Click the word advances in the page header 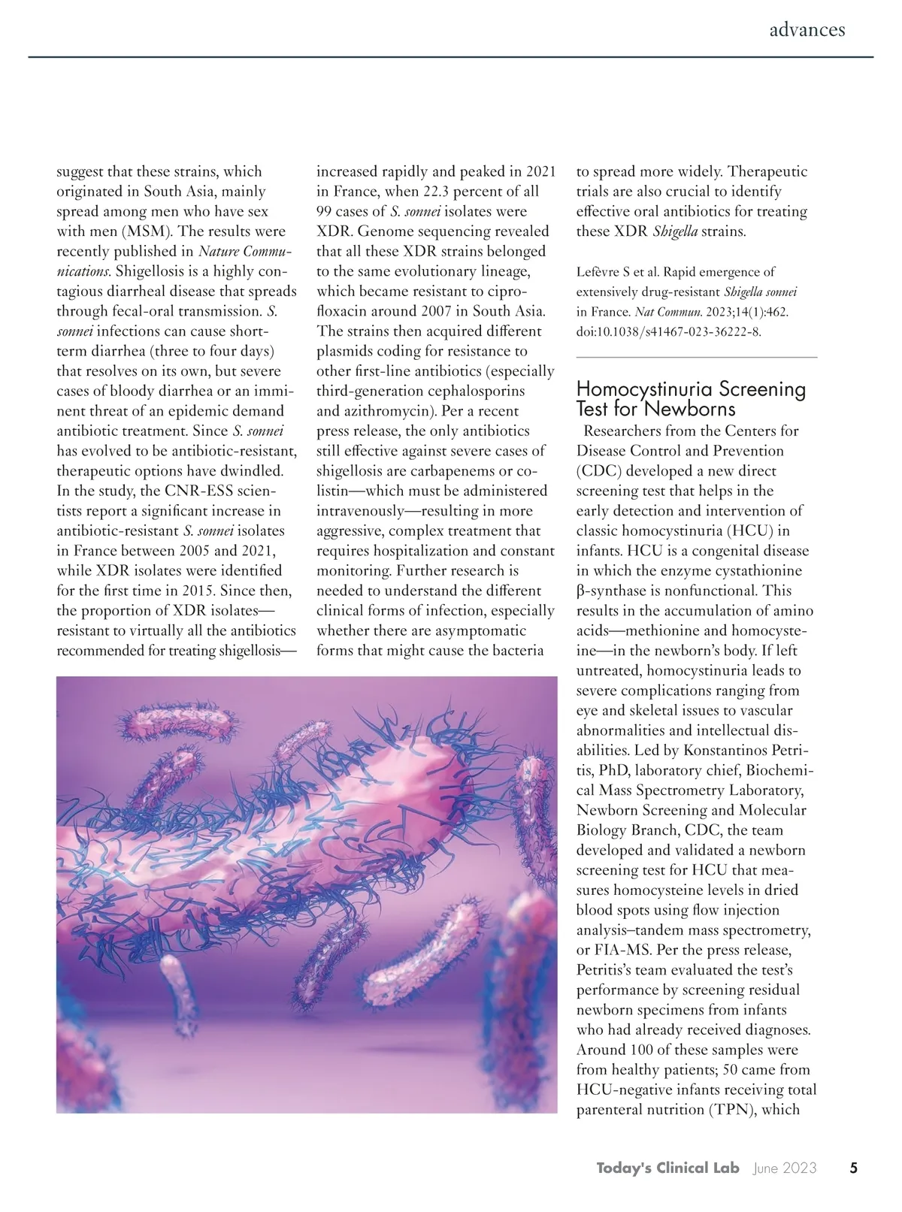point(807,29)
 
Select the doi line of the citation point(669,332)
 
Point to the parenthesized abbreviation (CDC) point(598,471)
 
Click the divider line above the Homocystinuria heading point(696,357)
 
